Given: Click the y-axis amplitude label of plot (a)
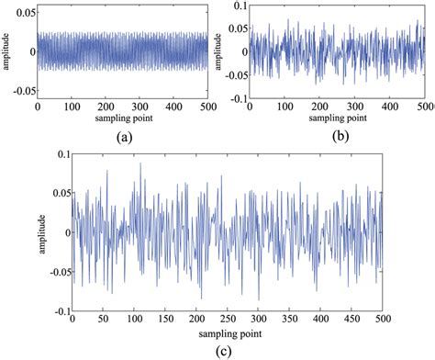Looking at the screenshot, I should pos(6,51).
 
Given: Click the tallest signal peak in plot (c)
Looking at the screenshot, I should pos(140,163).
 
